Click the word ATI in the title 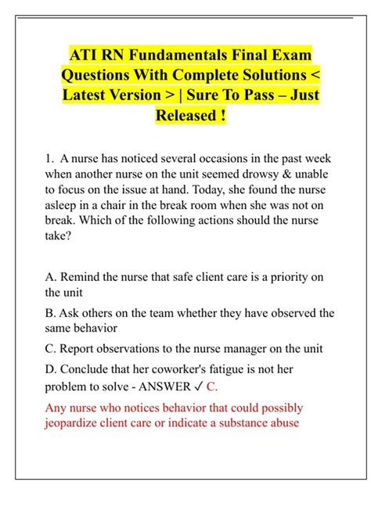[84, 56]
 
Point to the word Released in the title [182, 117]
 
